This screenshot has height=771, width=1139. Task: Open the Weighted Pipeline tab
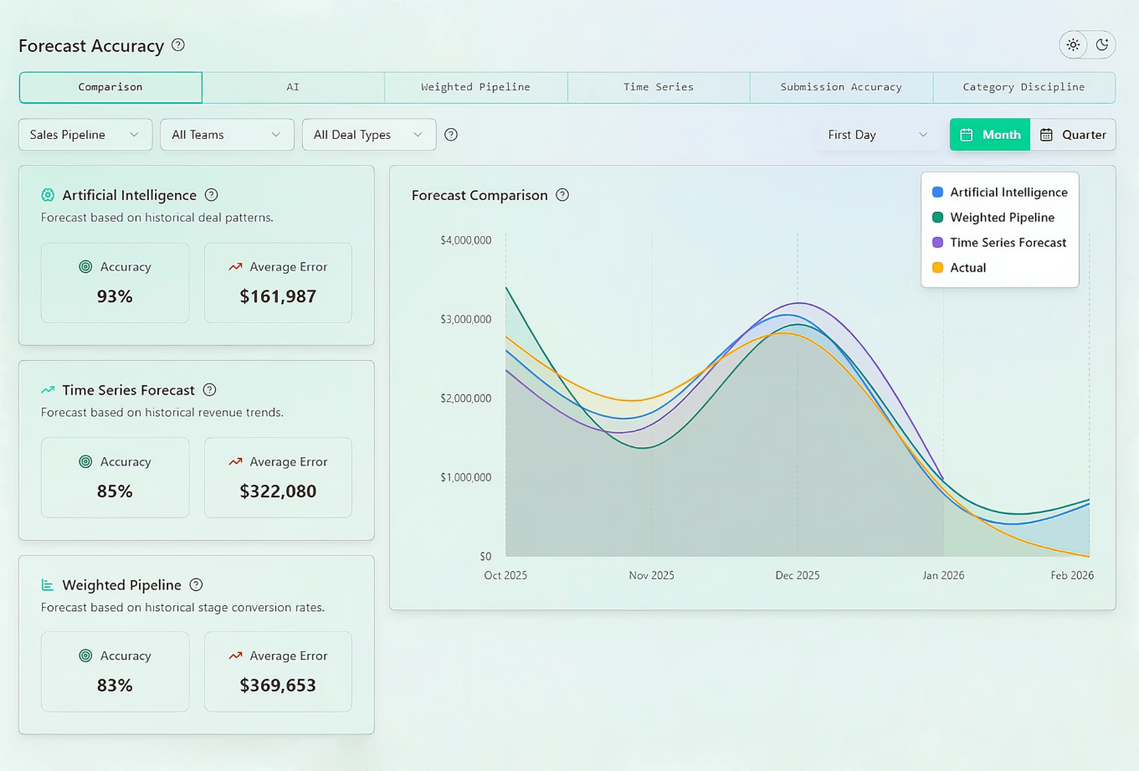[x=475, y=87]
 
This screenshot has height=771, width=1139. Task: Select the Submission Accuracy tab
[x=841, y=87]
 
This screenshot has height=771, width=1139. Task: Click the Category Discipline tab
[x=1024, y=87]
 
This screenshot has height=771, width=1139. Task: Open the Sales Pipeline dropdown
[x=85, y=135]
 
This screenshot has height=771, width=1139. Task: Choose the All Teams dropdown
[x=228, y=135]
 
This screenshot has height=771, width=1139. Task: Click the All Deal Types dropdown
[x=369, y=135]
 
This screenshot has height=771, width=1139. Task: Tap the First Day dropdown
[x=878, y=135]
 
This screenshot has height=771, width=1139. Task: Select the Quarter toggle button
[x=1073, y=135]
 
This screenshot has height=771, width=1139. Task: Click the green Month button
[x=990, y=135]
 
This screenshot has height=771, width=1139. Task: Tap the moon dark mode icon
[x=1102, y=44]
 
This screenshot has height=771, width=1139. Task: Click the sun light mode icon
[x=1074, y=44]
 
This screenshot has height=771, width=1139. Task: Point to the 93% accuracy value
[x=115, y=296]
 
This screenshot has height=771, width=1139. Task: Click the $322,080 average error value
[x=278, y=491]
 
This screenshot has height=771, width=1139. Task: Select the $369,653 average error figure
[x=278, y=686]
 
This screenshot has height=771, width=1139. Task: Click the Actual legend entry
[x=959, y=268]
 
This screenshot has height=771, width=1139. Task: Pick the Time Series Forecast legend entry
[x=999, y=243]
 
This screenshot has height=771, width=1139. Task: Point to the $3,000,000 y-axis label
[x=466, y=320]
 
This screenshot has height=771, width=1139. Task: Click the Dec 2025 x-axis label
[x=798, y=575]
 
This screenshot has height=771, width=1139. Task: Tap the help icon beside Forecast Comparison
[x=562, y=195]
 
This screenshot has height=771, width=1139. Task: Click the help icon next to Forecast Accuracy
[x=178, y=45]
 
